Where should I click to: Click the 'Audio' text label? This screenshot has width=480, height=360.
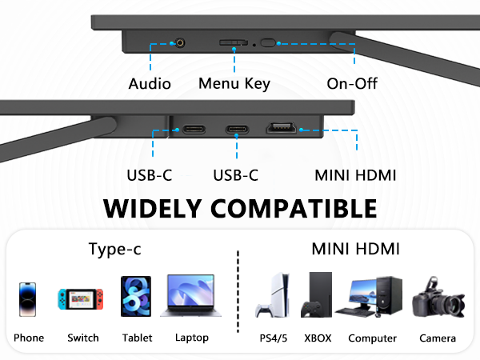point(149,84)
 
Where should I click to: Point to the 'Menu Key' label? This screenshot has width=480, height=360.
point(234,84)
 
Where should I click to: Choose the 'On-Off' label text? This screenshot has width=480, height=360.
point(352,84)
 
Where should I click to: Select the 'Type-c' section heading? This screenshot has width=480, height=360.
point(114,250)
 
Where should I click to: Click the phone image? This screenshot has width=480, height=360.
point(29,300)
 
